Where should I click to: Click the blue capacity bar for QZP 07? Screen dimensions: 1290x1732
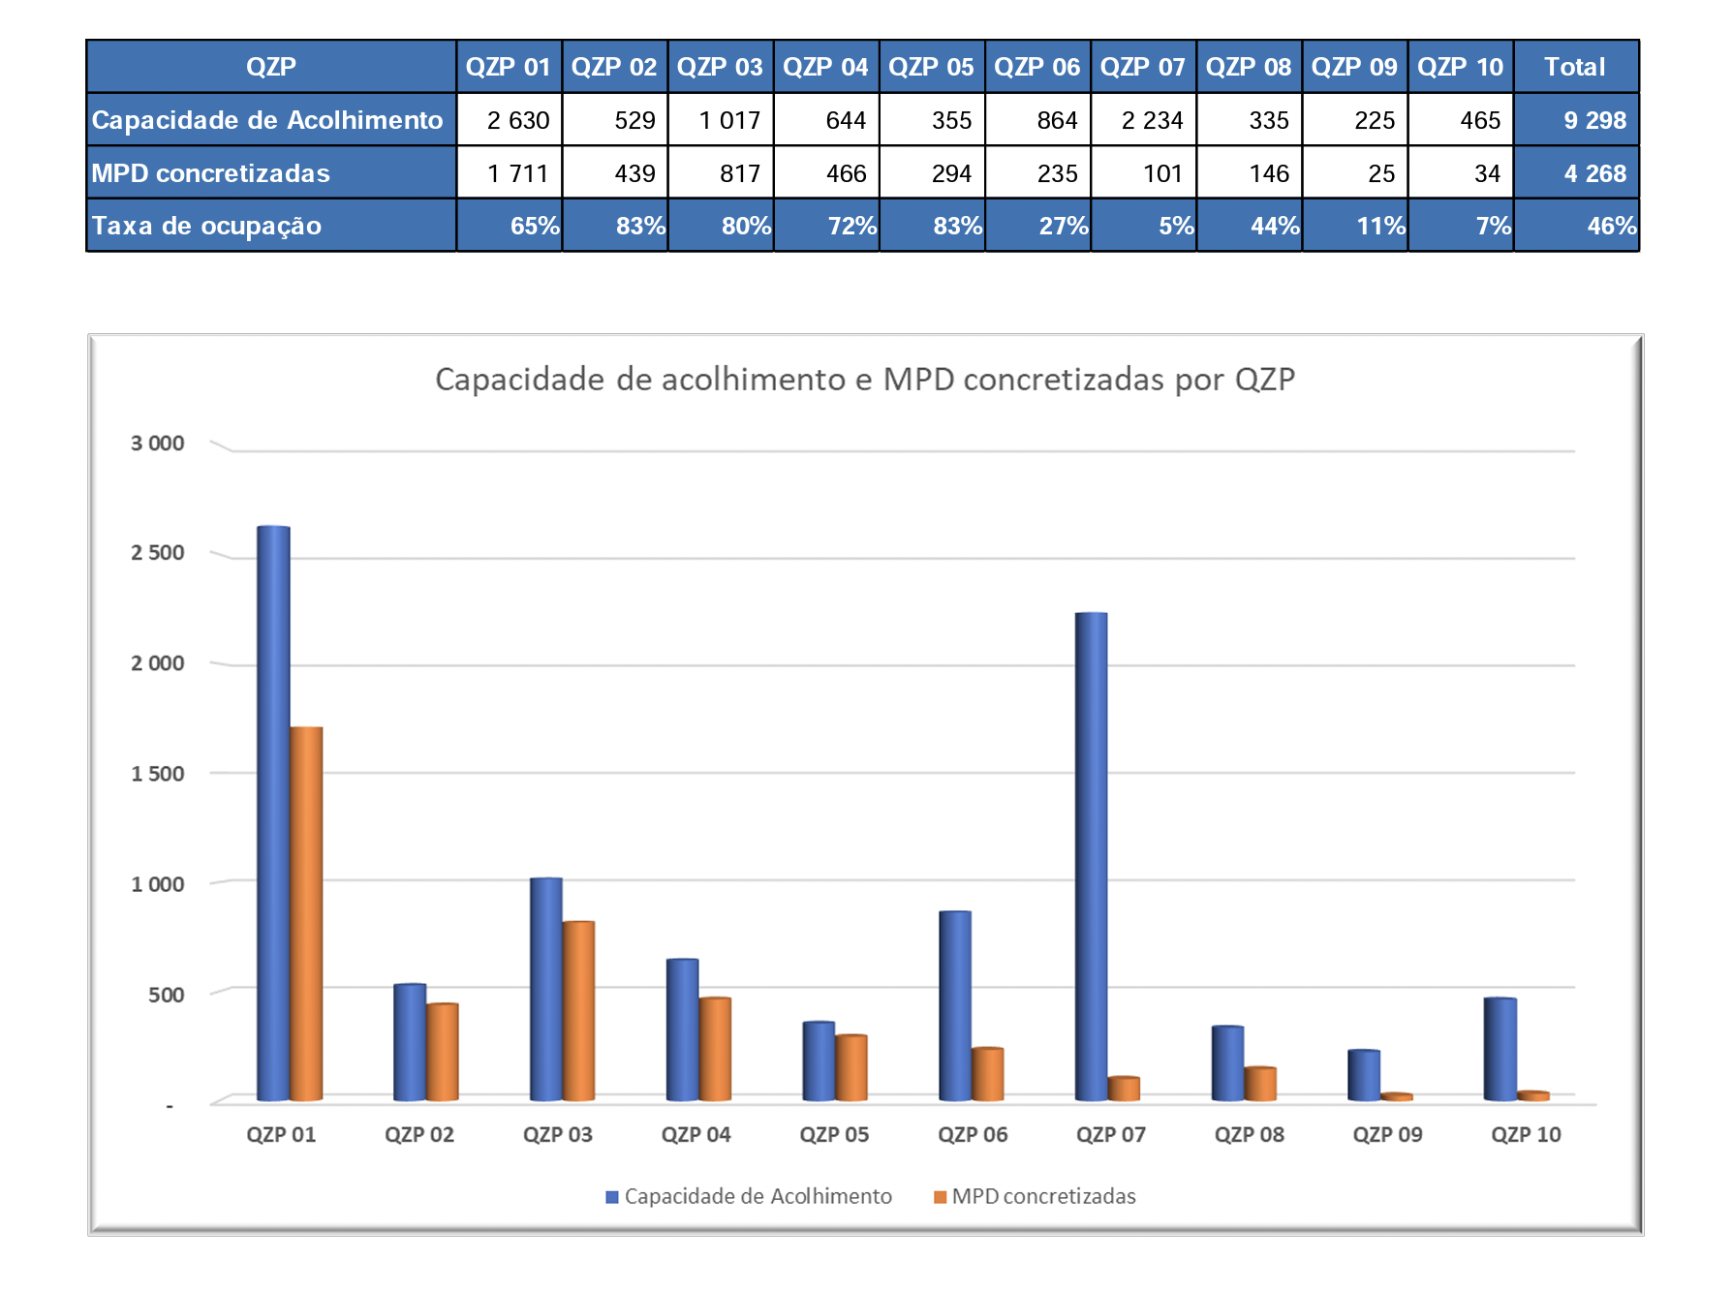click(1091, 857)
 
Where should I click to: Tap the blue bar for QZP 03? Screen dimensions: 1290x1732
click(546, 989)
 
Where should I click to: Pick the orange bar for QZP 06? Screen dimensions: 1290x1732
click(988, 1074)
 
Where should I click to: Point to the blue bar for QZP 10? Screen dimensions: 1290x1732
click(1500, 1049)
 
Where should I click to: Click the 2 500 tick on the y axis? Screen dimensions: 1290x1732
click(157, 553)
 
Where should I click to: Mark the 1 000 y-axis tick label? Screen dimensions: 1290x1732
click(157, 884)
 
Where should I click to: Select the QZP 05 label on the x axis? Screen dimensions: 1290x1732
click(834, 1134)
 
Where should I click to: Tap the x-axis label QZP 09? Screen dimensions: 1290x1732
click(1387, 1134)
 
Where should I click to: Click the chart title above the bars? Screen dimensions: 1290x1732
click(864, 379)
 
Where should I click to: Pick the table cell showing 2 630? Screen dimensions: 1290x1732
click(517, 120)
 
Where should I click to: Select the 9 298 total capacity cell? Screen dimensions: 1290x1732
click(1594, 120)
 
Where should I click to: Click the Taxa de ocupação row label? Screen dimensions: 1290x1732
click(206, 226)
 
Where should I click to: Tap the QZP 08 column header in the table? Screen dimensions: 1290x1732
click(1248, 67)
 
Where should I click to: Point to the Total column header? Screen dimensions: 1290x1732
click(1574, 67)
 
